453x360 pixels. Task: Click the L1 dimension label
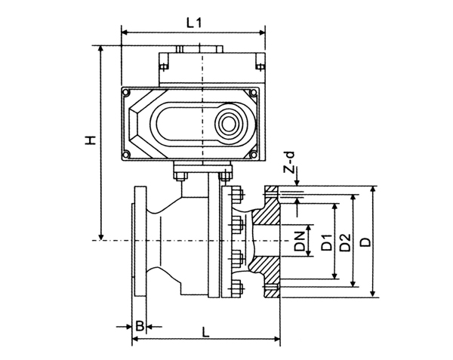click(x=193, y=23)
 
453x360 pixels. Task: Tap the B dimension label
click(x=140, y=326)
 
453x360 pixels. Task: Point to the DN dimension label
click(x=299, y=241)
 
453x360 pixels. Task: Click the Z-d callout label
click(x=290, y=162)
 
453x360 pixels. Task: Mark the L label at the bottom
click(x=205, y=332)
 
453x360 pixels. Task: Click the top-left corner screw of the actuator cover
click(x=126, y=93)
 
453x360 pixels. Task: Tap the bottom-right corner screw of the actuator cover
click(x=254, y=155)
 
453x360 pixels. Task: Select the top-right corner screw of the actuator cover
click(x=254, y=93)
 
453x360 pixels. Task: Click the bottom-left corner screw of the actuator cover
click(x=126, y=155)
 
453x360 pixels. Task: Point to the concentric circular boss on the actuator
click(x=229, y=124)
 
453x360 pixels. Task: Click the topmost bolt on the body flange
click(x=236, y=194)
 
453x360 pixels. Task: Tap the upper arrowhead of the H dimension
click(x=101, y=49)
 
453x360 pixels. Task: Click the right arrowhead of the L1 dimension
click(x=261, y=32)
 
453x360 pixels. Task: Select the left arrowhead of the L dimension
click(x=136, y=338)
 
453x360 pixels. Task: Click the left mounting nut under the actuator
click(x=180, y=176)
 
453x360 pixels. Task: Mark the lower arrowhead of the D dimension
click(x=373, y=293)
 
